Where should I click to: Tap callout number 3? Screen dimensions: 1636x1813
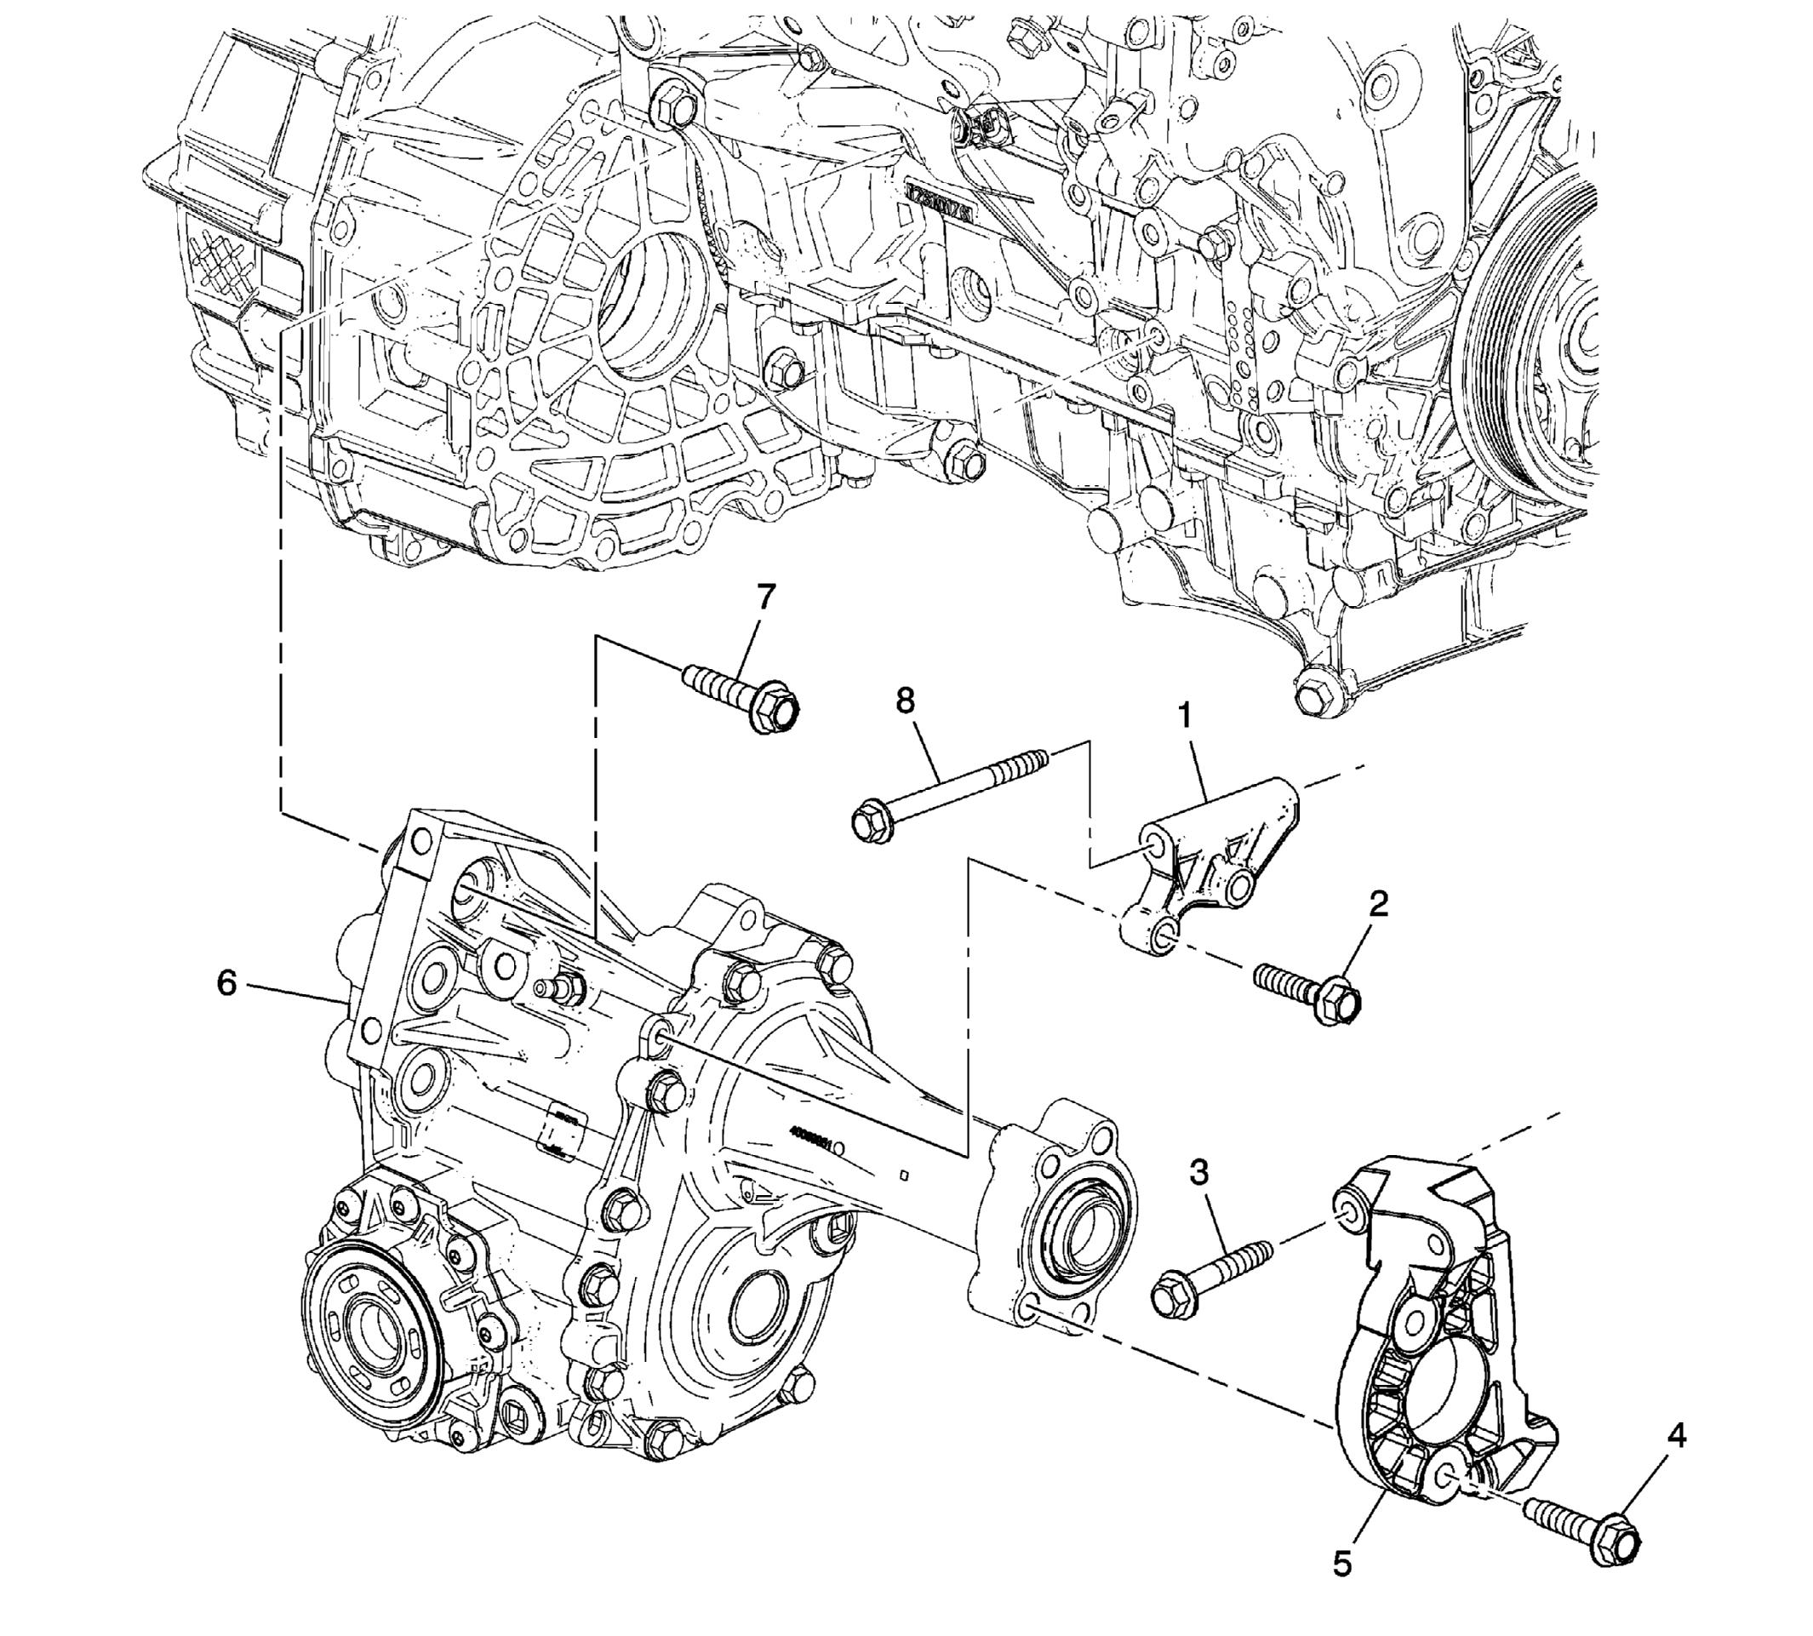tap(1198, 1172)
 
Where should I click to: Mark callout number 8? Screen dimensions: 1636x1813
tap(904, 701)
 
